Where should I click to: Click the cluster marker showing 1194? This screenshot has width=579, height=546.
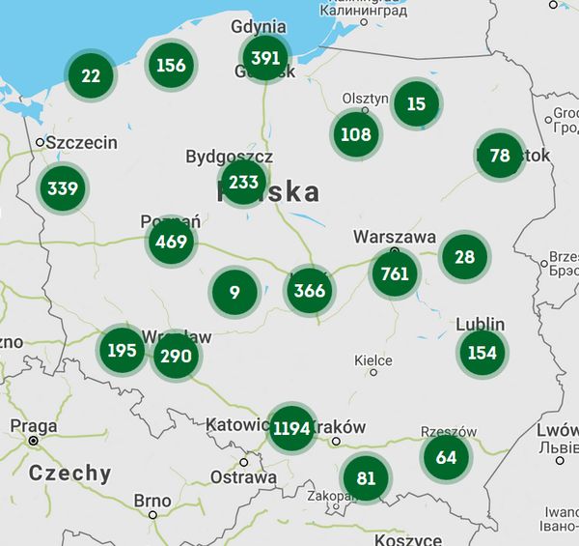coord(291,428)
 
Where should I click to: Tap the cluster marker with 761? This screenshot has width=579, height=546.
coord(395,273)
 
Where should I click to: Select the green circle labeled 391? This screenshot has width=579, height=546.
coord(264,58)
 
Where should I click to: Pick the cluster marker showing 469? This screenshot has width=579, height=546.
coord(171,241)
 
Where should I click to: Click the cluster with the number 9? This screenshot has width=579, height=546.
coord(234,291)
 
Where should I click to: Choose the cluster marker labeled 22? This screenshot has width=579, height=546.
coord(91,75)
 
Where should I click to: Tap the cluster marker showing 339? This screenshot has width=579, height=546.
coord(62,187)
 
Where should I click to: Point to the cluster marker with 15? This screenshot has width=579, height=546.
coord(416,103)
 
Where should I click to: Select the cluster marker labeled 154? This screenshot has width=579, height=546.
coord(482,353)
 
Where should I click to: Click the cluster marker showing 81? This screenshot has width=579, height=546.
coord(366,478)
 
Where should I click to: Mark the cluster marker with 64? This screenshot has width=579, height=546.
coord(446,457)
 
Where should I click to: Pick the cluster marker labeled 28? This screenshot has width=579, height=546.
coord(464,256)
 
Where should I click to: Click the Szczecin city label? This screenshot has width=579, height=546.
coord(82,143)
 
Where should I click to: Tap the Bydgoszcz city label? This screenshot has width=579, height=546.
coord(229,157)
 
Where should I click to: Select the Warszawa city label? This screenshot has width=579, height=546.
coord(394,237)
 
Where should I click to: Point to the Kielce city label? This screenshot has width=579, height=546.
coord(372,360)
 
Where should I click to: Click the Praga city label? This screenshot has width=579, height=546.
coord(33,426)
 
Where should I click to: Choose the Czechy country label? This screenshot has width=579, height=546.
coord(69,474)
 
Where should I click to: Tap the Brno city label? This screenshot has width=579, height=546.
coord(152,502)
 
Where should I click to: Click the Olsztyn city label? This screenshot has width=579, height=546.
coord(366,99)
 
